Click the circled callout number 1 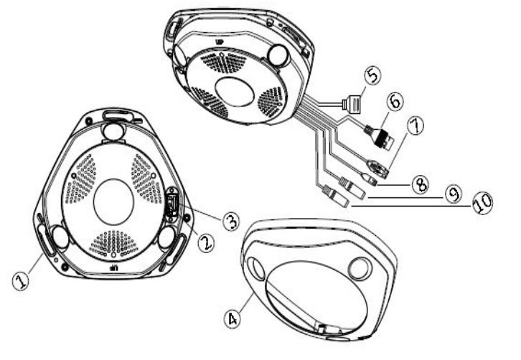pyautogui.click(x=21, y=281)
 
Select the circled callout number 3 pyautogui.click(x=231, y=221)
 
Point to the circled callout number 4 pyautogui.click(x=233, y=319)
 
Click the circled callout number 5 pyautogui.click(x=372, y=75)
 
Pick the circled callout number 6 pyautogui.click(x=395, y=101)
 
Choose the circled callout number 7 pyautogui.click(x=416, y=126)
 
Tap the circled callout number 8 pyautogui.click(x=421, y=184)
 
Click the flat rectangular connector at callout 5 pyautogui.click(x=352, y=105)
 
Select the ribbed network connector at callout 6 pyautogui.click(x=380, y=136)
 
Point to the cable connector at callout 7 pyautogui.click(x=377, y=168)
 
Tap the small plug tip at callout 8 pyautogui.click(x=370, y=179)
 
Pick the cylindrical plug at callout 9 pyautogui.click(x=352, y=188)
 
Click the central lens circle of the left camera pyautogui.click(x=113, y=202)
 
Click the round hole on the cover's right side pyautogui.click(x=360, y=268)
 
